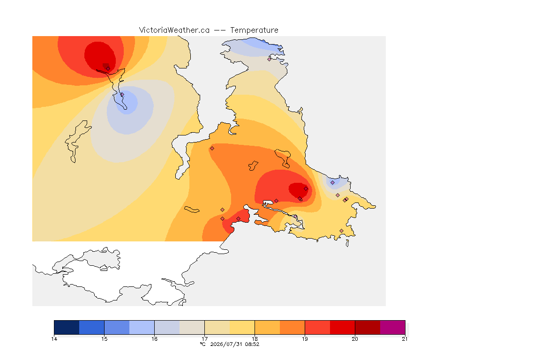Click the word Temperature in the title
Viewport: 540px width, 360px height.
tap(254, 30)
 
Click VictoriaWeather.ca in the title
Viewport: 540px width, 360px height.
tap(174, 30)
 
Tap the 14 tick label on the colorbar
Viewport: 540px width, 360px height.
tap(54, 339)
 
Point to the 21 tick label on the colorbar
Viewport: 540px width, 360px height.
tap(405, 339)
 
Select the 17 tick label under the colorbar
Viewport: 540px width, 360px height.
tap(204, 339)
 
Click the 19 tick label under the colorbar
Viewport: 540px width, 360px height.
tap(305, 339)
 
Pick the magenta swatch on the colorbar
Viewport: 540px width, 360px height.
tap(393, 327)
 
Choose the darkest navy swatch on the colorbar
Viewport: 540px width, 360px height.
tap(67, 327)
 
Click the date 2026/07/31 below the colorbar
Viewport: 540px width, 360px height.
tap(226, 344)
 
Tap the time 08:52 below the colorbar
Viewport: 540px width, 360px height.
tap(252, 344)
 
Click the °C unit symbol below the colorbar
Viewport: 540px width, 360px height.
tap(202, 344)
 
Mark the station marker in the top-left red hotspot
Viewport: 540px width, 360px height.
tap(108, 68)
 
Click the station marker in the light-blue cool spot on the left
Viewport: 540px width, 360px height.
tap(122, 94)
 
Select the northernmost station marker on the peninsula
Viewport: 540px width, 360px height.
tap(270, 59)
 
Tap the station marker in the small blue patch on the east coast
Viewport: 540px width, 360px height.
tap(333, 183)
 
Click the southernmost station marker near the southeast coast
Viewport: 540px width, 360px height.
tap(341, 231)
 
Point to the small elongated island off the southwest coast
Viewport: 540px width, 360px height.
tap(192, 210)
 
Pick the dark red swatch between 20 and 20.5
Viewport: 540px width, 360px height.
tap(367, 327)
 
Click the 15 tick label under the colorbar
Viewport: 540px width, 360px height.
tap(105, 339)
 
